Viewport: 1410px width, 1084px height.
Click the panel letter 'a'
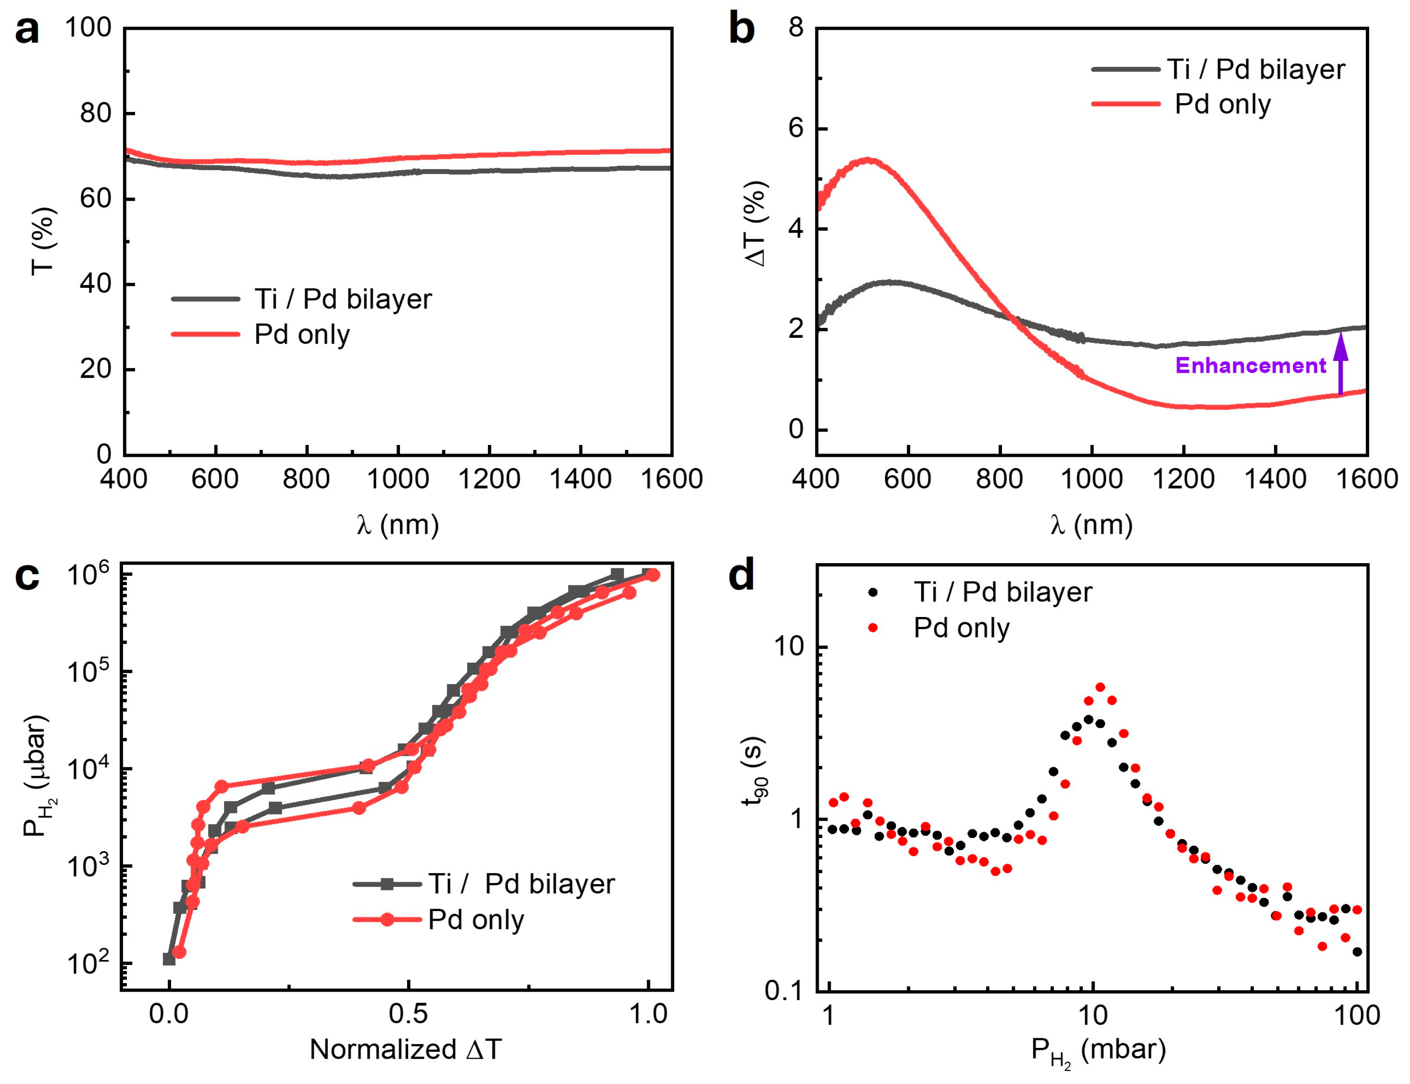point(26,31)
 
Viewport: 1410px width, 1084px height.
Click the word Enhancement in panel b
point(1250,366)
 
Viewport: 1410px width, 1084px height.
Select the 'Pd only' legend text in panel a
point(301,334)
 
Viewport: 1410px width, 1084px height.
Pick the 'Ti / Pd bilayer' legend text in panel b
point(1256,69)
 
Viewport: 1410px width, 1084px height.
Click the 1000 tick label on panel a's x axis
point(398,480)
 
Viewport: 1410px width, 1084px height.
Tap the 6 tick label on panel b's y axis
point(796,128)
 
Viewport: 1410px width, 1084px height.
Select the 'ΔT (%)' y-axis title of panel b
point(755,223)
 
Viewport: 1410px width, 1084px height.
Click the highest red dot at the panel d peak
point(1100,687)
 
